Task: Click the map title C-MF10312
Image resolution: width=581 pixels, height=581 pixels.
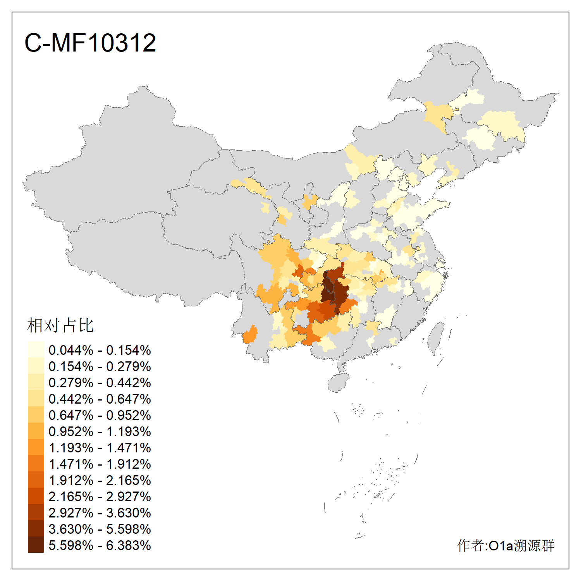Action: point(90,43)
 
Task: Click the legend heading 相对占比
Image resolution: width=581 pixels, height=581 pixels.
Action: point(60,325)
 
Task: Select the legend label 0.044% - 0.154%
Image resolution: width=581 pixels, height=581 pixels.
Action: point(100,350)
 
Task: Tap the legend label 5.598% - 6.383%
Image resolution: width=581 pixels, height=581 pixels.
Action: point(100,545)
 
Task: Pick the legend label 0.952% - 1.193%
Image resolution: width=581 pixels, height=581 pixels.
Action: point(100,431)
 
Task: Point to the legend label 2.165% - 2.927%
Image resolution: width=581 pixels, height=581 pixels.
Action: point(100,497)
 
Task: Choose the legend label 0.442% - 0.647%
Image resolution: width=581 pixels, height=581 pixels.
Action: point(100,399)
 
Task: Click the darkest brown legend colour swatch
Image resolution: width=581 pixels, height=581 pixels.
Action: point(36,545)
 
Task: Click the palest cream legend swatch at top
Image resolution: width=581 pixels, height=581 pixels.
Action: point(36,350)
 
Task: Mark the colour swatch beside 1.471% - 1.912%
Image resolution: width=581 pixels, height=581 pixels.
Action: point(36,464)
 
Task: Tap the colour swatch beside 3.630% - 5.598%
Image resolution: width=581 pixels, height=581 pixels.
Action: point(36,529)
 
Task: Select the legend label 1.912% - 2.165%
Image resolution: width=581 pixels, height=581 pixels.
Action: point(100,480)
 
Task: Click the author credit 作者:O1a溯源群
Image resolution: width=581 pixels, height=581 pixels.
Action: point(505,545)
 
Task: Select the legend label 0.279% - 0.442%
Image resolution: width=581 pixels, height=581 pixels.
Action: point(100,383)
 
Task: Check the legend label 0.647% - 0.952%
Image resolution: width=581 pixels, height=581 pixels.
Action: point(100,415)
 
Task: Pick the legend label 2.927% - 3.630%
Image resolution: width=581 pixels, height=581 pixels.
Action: point(100,513)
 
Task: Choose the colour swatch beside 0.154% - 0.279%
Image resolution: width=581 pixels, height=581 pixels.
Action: point(36,366)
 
